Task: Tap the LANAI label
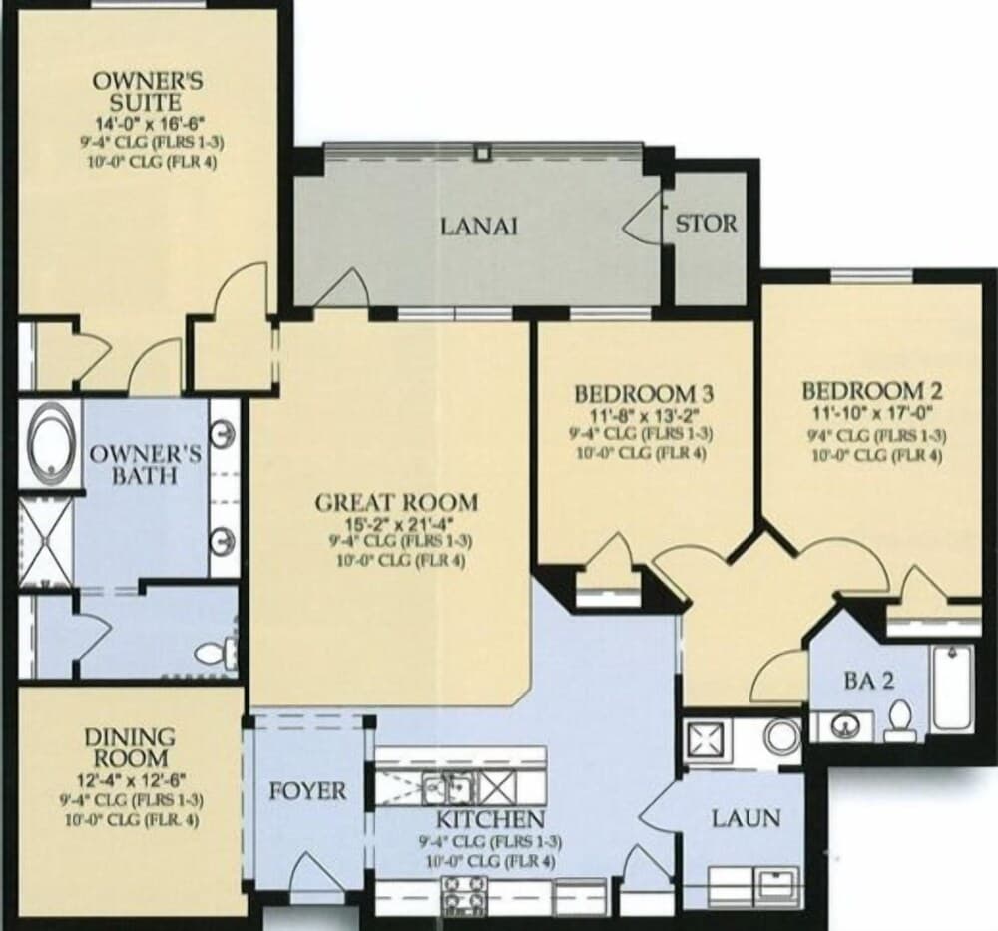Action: (x=479, y=226)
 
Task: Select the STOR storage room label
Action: (x=707, y=223)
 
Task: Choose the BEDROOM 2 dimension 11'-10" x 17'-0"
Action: (x=872, y=411)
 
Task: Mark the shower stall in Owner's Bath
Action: (x=46, y=540)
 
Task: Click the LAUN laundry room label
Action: (x=746, y=818)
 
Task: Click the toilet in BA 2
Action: (x=899, y=718)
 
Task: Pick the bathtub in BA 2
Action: (x=953, y=689)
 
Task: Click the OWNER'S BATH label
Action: (x=146, y=464)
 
